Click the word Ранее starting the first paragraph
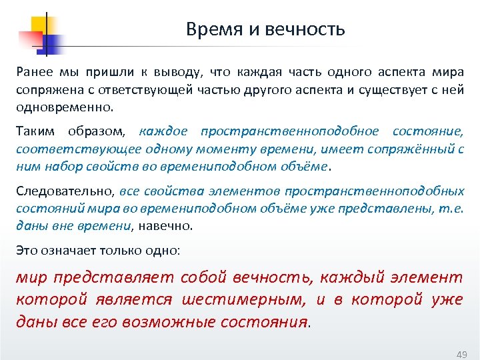pyautogui.click(x=33, y=72)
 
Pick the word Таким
pyautogui.click(x=33, y=131)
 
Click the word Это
pyautogui.click(x=27, y=251)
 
